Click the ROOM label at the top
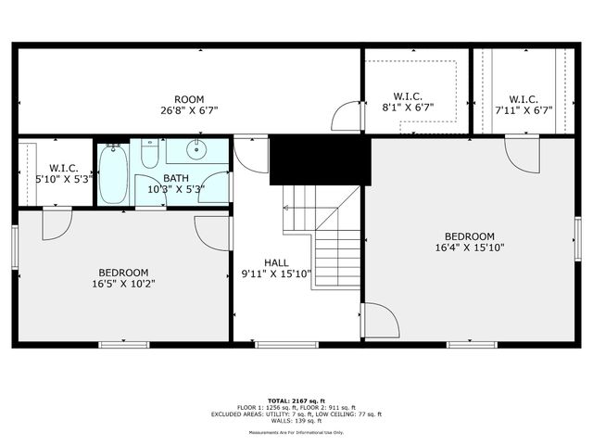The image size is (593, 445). pyautogui.click(x=189, y=99)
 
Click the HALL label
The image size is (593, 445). pyautogui.click(x=276, y=262)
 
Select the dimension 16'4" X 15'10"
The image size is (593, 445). pyautogui.click(x=469, y=248)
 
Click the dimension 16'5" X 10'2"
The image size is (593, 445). pyautogui.click(x=123, y=284)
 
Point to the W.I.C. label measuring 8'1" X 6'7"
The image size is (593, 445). pyautogui.click(x=408, y=96)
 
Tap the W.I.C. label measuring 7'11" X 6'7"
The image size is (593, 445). pyautogui.click(x=524, y=99)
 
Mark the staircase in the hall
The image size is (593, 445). pyautogui.click(x=324, y=236)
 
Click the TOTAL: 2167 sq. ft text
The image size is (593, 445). pyautogui.click(x=296, y=400)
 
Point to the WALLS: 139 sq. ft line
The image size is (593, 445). pyautogui.click(x=296, y=421)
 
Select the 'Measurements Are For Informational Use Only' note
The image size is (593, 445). pyautogui.click(x=296, y=432)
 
